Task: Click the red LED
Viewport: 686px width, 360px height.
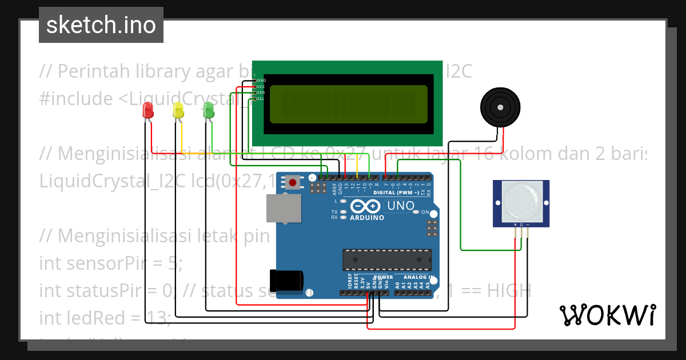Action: [148, 110]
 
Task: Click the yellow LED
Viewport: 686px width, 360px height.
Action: [178, 110]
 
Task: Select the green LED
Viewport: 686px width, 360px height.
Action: [209, 110]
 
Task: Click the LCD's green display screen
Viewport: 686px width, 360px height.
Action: [348, 104]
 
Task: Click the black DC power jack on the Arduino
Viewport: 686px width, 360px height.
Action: [286, 280]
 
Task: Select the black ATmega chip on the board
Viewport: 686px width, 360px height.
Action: [386, 259]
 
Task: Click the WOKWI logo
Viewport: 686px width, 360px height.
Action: [607, 315]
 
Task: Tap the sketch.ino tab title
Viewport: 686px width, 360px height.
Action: [101, 25]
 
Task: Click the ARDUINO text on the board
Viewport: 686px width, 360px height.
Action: [366, 218]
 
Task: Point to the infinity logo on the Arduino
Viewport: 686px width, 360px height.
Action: [366, 206]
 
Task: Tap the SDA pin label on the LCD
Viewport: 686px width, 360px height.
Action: [260, 93]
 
